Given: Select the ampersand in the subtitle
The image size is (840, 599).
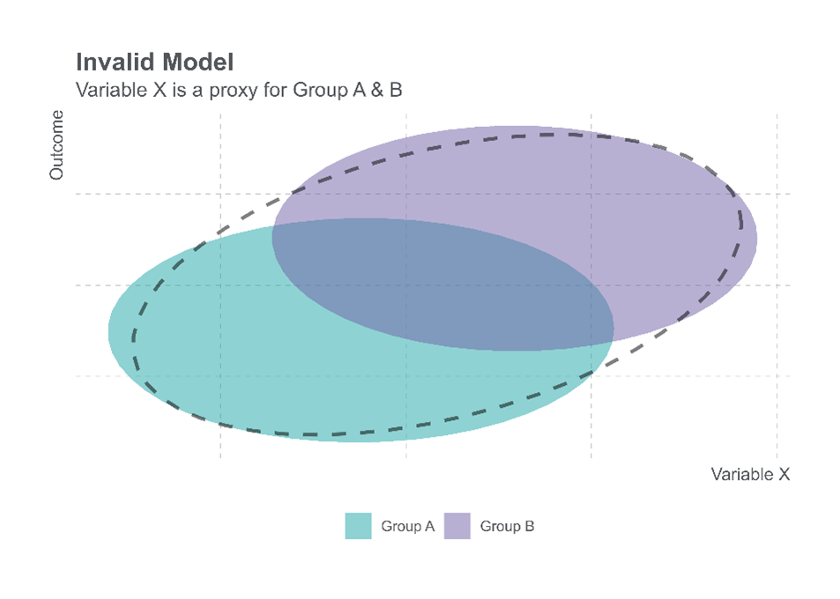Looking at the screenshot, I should [373, 89].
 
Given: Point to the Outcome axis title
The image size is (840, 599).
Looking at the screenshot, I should [57, 144].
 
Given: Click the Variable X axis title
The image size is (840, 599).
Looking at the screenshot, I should [750, 474].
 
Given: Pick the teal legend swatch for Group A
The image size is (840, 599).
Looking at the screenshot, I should [358, 526].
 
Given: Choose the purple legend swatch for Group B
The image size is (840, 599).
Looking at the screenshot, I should [457, 526].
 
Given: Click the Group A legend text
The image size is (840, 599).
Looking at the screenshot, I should [407, 526].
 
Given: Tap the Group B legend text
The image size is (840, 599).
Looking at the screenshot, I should [507, 526].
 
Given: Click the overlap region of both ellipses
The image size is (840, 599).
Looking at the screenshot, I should [441, 282].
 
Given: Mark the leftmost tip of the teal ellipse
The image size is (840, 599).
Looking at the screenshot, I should [108, 331].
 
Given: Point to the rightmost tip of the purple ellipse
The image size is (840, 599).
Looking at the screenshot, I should [757, 238].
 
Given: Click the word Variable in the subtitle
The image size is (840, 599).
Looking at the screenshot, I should [107, 90].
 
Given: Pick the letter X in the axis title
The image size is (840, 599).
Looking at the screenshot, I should [784, 474].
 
